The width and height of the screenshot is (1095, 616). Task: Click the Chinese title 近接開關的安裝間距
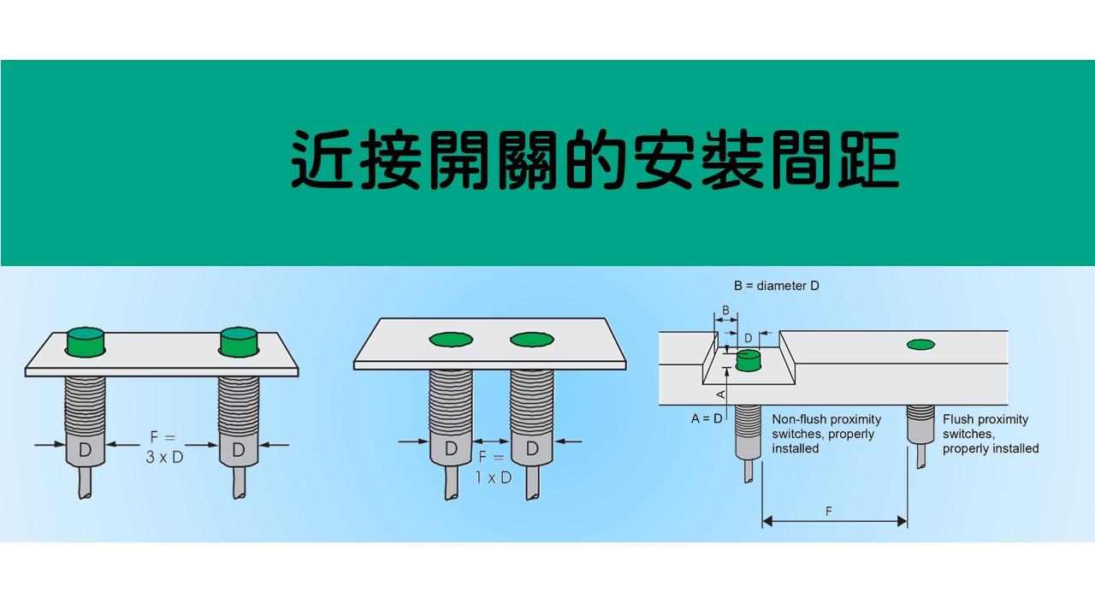point(595,159)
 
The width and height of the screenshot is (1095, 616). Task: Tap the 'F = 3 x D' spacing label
point(164,447)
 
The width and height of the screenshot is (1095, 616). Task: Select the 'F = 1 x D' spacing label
point(494,468)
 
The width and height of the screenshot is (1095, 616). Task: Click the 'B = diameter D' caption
point(776,286)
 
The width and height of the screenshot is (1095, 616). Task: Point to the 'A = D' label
point(707,418)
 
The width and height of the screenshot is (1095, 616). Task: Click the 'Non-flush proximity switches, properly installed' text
point(826,434)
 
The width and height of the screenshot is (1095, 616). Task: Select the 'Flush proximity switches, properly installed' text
point(991,434)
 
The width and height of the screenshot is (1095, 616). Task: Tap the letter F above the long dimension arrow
point(829,512)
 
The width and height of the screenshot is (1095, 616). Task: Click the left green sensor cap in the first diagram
point(86,341)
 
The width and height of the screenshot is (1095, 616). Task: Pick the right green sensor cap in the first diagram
point(239,341)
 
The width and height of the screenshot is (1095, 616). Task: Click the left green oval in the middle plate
point(451,340)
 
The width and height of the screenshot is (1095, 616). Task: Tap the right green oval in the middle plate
point(532,340)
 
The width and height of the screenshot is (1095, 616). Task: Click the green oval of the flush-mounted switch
point(920,345)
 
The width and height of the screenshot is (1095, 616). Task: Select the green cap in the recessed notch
point(749,360)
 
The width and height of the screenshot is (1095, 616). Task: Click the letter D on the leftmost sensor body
point(85,450)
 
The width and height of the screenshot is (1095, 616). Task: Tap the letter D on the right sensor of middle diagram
point(532,447)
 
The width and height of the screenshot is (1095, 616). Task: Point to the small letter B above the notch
point(726,311)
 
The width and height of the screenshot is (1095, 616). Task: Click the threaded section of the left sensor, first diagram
point(85,405)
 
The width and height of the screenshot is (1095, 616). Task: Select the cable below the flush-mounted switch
point(921,456)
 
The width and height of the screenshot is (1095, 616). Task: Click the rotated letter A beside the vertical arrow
point(720,394)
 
